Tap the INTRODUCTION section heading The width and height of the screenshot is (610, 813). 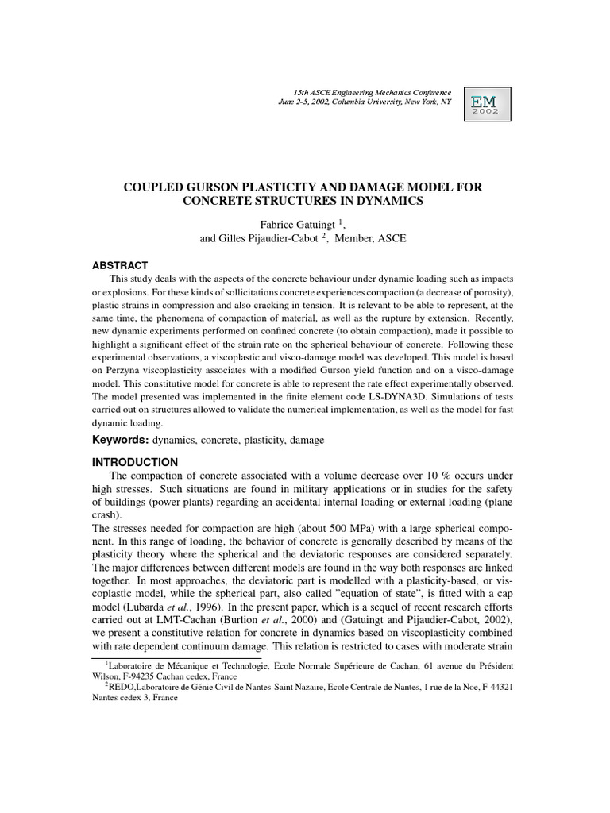coord(136,462)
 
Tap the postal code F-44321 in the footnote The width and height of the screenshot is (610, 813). coord(490,687)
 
